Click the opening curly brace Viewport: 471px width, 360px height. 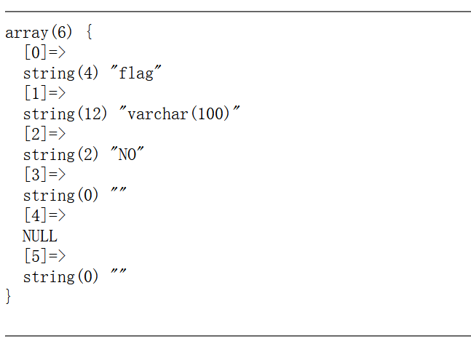89,33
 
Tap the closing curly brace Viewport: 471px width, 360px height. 9,296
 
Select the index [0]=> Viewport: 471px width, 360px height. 44,52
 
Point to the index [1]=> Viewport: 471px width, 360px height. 44,93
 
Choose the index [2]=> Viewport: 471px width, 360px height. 44,134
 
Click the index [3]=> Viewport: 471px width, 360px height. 44,175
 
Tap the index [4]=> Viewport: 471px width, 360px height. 44,215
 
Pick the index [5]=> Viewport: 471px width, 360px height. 44,256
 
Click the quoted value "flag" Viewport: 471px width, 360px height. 136,73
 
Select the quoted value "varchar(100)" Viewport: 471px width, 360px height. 180,113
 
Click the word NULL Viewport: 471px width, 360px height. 40,236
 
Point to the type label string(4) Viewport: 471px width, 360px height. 60,73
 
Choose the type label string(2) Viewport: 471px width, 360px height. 60,154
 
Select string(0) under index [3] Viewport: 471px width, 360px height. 60,195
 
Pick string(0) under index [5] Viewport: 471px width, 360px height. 60,276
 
